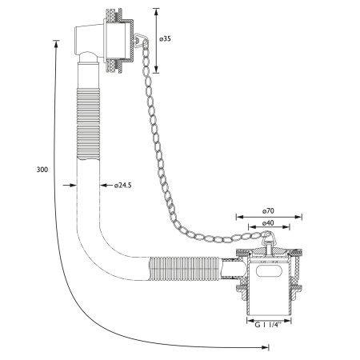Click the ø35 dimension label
(x=165, y=39)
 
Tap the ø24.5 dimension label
(x=123, y=186)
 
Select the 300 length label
(x=42, y=170)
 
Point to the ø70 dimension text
(x=268, y=211)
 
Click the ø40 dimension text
(x=268, y=222)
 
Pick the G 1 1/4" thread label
(x=268, y=325)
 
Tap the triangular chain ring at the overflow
(x=139, y=41)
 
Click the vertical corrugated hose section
(x=88, y=124)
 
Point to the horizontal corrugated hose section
(x=184, y=269)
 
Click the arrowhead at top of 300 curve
(x=56, y=44)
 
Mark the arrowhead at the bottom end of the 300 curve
(x=265, y=347)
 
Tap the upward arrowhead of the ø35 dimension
(x=156, y=12)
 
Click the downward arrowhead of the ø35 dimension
(x=156, y=69)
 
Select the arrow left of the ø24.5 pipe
(x=70, y=185)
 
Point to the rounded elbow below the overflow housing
(x=89, y=57)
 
